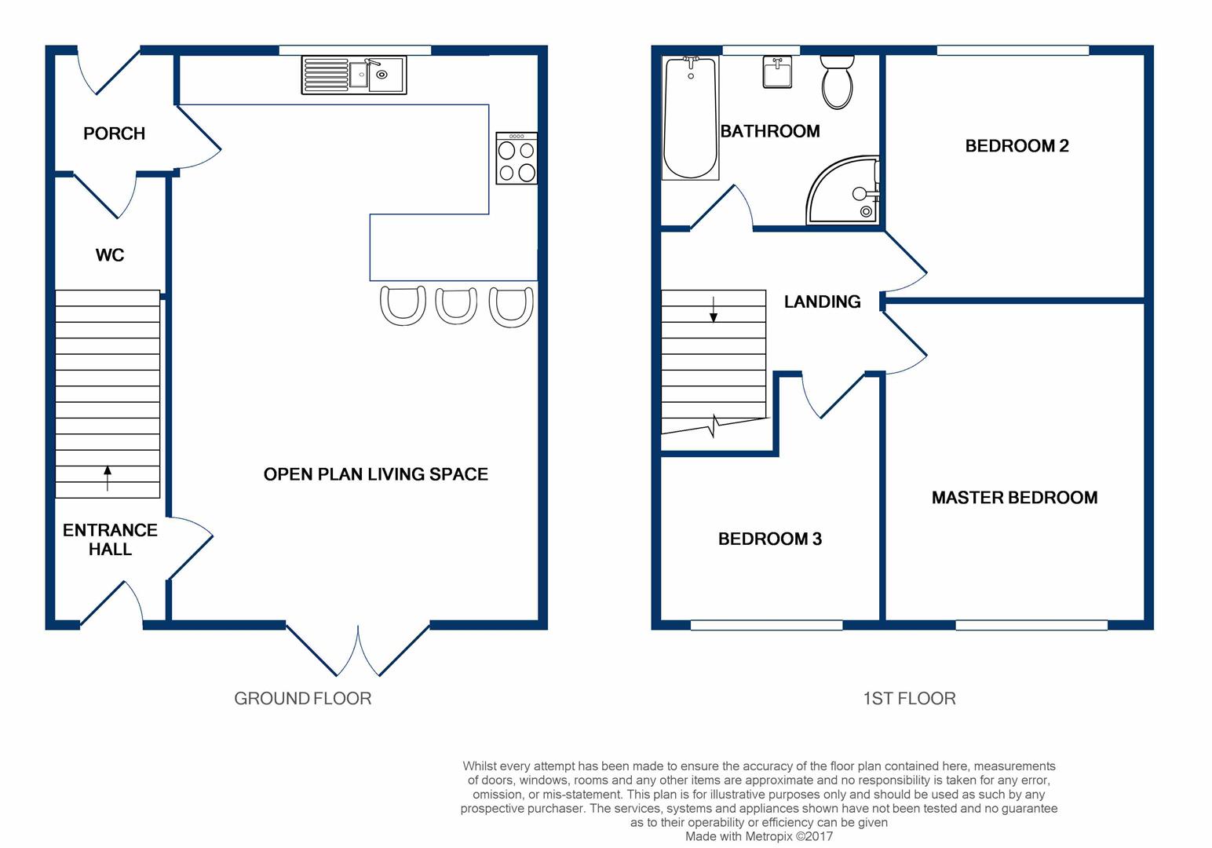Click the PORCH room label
(x=114, y=133)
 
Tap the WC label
(x=110, y=255)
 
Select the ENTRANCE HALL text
(x=110, y=539)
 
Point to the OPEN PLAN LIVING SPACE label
(x=375, y=474)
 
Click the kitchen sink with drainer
(x=353, y=75)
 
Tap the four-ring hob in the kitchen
(x=517, y=159)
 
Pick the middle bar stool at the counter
(x=456, y=305)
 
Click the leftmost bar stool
(x=403, y=305)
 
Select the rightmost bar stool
(x=511, y=306)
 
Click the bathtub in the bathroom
(x=691, y=118)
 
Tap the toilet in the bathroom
(x=837, y=82)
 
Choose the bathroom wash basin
(x=777, y=73)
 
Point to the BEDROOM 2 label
(x=1017, y=146)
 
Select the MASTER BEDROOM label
(x=1014, y=498)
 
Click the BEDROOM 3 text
(x=769, y=539)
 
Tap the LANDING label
(x=822, y=302)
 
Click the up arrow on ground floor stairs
(x=108, y=477)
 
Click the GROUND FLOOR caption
(x=302, y=698)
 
